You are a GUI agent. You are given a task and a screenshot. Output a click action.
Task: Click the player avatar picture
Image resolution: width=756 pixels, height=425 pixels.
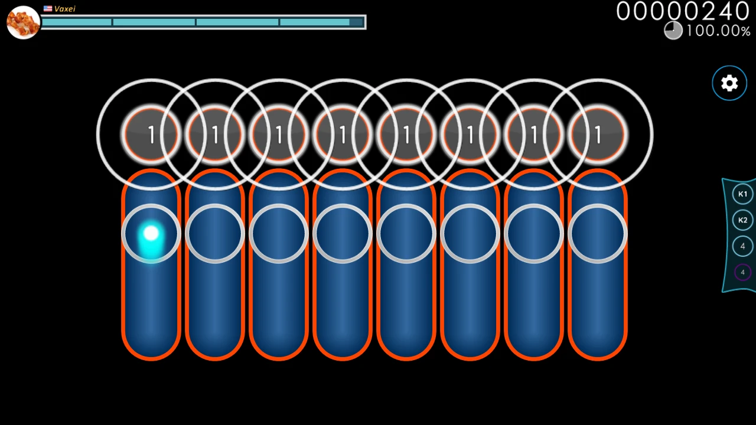pos(23,22)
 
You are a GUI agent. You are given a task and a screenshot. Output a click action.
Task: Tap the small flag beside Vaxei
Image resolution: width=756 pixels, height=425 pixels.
pos(48,9)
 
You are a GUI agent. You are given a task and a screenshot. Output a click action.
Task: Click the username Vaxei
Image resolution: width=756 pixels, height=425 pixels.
pos(65,9)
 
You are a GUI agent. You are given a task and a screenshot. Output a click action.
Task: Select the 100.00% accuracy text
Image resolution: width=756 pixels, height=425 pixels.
pos(718,31)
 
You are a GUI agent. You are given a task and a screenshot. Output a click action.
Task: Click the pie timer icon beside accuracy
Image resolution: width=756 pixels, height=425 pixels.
pos(673,30)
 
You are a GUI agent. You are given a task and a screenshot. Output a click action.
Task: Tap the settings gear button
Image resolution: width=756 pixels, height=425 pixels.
pos(729,83)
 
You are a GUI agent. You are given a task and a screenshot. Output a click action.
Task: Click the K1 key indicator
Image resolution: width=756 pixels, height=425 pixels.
pos(742,194)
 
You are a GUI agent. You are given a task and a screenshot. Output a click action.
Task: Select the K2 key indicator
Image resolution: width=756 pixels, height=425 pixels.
pos(742,220)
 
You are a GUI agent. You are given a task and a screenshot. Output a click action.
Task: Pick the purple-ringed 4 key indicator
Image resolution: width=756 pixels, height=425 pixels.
pos(742,272)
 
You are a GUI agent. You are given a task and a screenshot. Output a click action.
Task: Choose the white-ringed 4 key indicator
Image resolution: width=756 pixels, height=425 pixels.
pos(742,246)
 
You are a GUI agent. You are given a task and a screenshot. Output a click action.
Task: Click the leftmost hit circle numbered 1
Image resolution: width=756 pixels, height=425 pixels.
pos(151,135)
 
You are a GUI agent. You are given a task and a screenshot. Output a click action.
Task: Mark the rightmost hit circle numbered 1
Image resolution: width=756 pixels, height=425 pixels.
pos(598,135)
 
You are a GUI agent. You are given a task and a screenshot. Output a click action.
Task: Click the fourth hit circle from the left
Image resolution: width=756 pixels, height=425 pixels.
pos(343,135)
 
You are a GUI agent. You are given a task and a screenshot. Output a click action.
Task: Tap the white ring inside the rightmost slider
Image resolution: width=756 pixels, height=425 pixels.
pos(598,234)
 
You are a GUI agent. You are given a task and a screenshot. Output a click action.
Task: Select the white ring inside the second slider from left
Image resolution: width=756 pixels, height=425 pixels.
pos(215,234)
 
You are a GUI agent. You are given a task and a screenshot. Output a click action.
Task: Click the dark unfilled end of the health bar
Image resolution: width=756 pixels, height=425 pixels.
pos(357,22)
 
